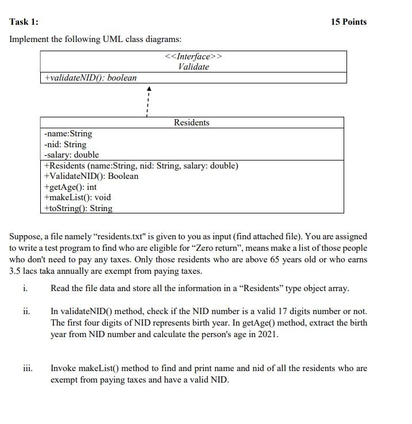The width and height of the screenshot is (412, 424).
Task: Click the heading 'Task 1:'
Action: [24, 22]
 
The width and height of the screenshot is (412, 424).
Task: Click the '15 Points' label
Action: [348, 22]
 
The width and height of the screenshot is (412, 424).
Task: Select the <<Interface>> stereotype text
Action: [193, 56]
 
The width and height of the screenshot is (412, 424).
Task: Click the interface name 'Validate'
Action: [193, 67]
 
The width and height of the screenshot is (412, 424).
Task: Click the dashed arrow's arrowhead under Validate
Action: [148, 89]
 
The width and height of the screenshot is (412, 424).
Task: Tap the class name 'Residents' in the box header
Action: [191, 123]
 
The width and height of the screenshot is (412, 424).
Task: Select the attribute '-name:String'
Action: [68, 133]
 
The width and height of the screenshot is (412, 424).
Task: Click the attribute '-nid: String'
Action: [65, 144]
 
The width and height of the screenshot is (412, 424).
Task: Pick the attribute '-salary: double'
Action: [71, 155]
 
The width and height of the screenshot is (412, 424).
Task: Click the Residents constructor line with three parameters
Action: [141, 166]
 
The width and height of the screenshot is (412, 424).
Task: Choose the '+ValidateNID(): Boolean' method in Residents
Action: [91, 176]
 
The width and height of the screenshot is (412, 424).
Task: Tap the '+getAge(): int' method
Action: [70, 187]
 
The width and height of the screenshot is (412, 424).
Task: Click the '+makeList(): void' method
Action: [77, 197]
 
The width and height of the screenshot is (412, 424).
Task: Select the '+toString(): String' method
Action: [78, 208]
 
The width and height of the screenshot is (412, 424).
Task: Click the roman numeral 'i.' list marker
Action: [25, 288]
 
